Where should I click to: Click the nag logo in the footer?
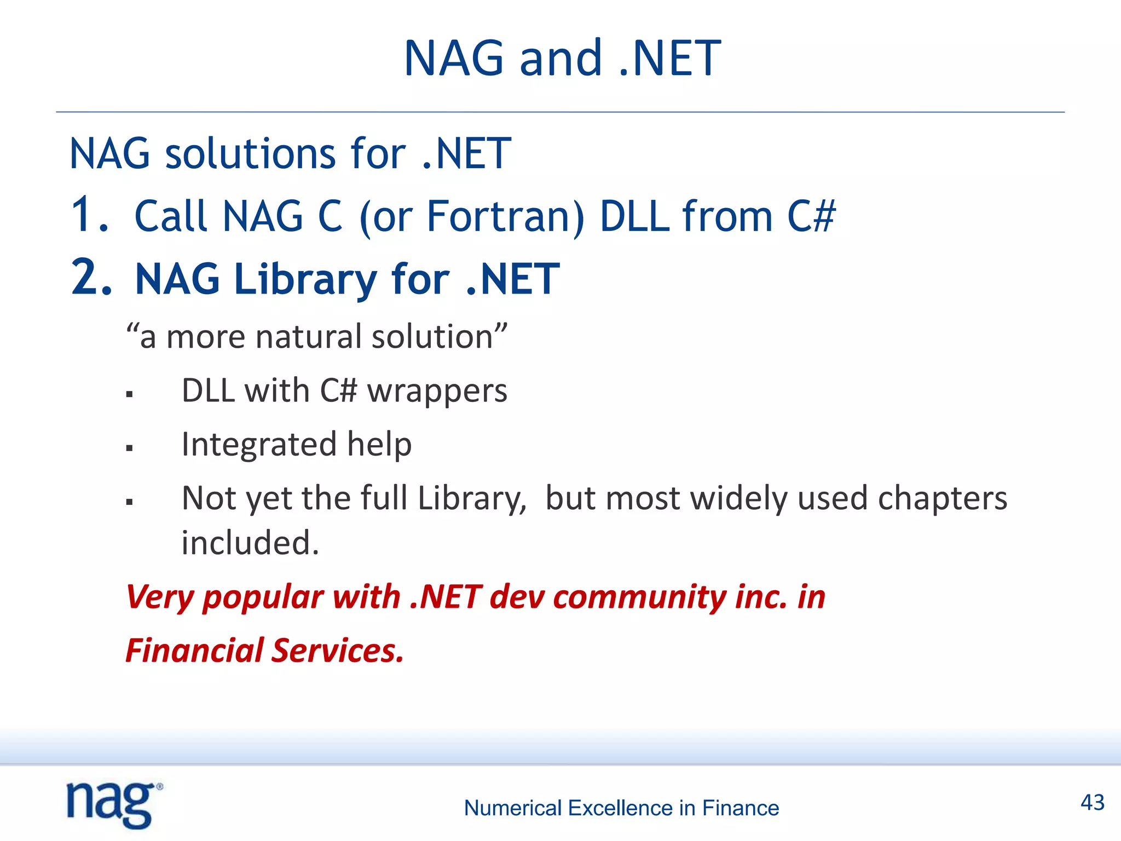(113, 804)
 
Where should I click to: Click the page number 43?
(1092, 803)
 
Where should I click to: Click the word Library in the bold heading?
(305, 280)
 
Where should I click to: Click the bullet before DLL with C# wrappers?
(129, 394)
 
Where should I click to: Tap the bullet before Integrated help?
(129, 447)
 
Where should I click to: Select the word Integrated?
(258, 444)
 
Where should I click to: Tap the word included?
(250, 543)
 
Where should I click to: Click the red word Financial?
(194, 650)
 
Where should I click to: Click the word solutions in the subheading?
(250, 154)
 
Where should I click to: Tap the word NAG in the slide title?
(454, 59)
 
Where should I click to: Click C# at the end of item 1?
(811, 216)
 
